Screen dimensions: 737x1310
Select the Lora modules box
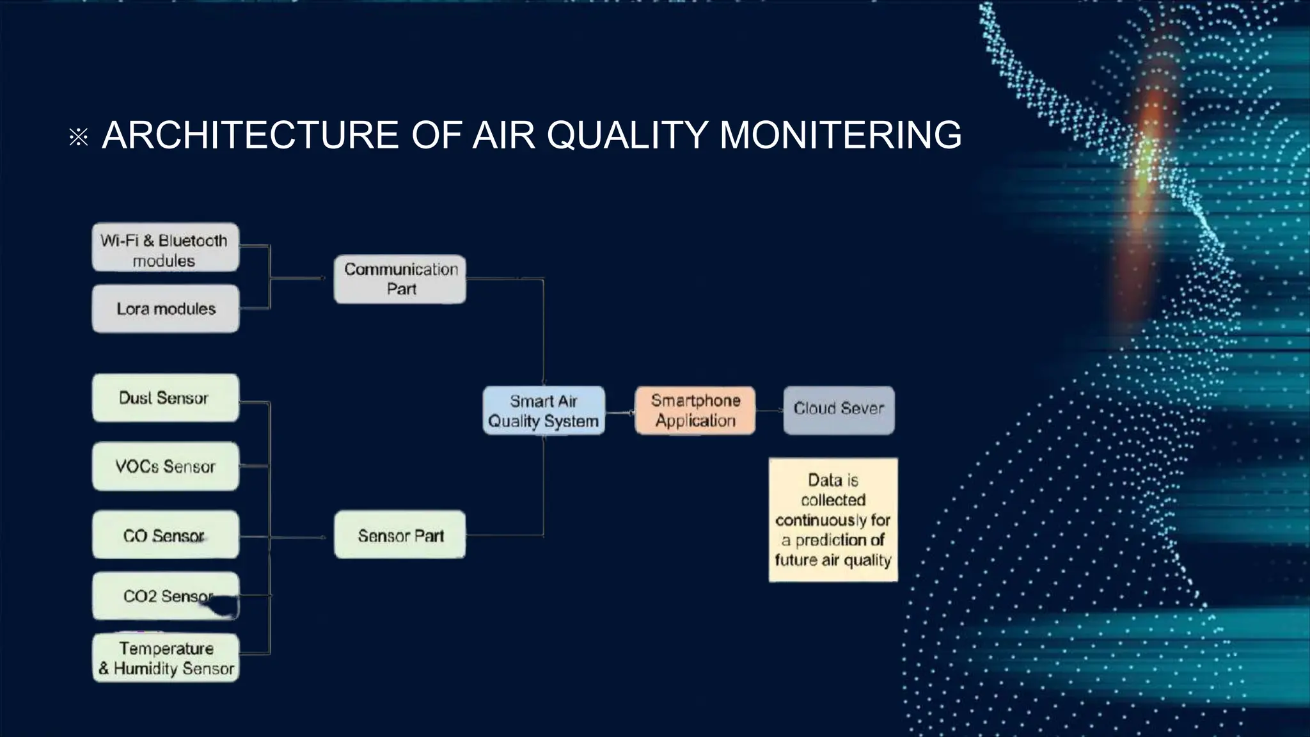tap(165, 309)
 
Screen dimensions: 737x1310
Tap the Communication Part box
tap(400, 279)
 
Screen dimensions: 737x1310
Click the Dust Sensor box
tap(165, 398)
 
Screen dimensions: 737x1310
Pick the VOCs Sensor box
tap(165, 466)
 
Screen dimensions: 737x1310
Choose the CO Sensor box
tap(165, 535)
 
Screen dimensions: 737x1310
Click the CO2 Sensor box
tap(165, 596)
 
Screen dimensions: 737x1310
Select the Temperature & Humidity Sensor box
tap(165, 658)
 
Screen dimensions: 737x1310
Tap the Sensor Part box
tap(400, 535)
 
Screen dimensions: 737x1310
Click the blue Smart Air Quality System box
tap(544, 411)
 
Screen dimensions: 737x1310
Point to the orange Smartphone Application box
tap(695, 411)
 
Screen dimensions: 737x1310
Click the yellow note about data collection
tap(833, 519)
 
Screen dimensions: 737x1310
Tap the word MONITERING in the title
tap(840, 136)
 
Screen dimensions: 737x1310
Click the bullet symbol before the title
tap(79, 137)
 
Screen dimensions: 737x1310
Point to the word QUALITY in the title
tap(627, 136)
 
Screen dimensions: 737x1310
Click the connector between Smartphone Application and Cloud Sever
tap(769, 411)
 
